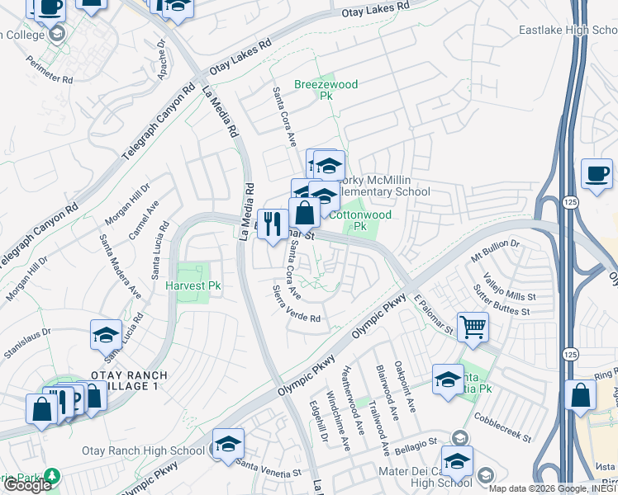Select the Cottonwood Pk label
point(359,221)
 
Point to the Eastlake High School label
point(568,31)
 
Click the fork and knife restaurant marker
point(273,224)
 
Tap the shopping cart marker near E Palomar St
point(473,326)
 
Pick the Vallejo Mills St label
point(510,286)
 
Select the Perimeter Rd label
point(49,69)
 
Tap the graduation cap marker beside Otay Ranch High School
point(228,444)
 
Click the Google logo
point(27,485)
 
